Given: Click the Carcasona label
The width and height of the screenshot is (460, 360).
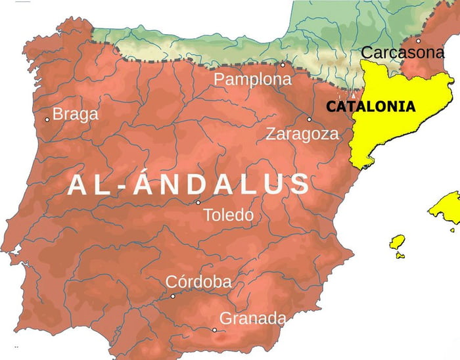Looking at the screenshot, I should click(x=403, y=53).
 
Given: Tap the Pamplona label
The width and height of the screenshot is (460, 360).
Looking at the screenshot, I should click(x=252, y=79).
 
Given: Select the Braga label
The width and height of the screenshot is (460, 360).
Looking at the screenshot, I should click(x=76, y=114).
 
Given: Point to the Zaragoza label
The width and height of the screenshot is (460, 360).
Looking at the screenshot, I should click(x=302, y=134).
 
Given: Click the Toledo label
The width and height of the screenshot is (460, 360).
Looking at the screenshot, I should click(x=228, y=215).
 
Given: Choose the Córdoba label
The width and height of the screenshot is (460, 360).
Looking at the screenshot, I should click(x=198, y=282).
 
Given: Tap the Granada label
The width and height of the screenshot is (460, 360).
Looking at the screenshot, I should click(x=252, y=319).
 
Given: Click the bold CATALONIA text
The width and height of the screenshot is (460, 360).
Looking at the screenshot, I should click(x=371, y=106).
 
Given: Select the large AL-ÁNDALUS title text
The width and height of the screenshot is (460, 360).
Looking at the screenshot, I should click(x=189, y=185).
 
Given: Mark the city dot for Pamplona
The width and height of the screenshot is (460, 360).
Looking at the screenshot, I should click(x=283, y=65).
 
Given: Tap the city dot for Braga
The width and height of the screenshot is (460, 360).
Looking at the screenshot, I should click(x=47, y=120).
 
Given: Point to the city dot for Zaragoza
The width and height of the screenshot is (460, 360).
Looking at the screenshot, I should click(x=309, y=120).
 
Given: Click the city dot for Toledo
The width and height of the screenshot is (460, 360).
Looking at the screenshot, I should click(x=198, y=202).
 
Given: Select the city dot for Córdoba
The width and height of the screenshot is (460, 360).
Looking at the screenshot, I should click(x=173, y=296).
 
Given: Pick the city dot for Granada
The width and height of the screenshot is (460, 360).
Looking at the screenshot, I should click(x=214, y=330).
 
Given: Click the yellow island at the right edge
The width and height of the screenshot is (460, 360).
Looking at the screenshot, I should click(x=447, y=210).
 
